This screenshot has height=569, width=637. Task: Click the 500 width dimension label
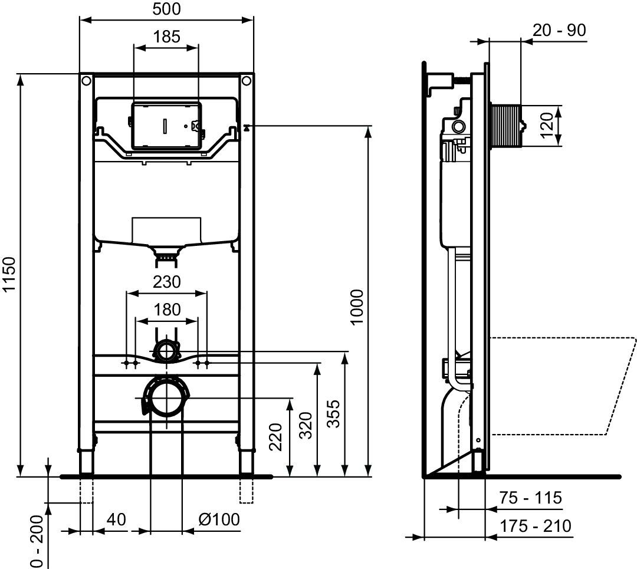click(x=166, y=9)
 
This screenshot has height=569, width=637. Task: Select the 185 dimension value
click(x=166, y=37)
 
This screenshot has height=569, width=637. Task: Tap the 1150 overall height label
click(x=9, y=274)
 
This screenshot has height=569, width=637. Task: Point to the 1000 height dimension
click(x=357, y=307)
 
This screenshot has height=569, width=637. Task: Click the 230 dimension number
click(x=166, y=282)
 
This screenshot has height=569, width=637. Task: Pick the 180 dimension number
click(x=167, y=310)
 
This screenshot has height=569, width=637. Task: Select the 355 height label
click(x=333, y=413)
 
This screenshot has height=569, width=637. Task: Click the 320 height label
click(x=306, y=425)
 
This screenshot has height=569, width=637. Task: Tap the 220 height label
click(x=276, y=437)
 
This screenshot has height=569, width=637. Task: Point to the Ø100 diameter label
click(x=219, y=519)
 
